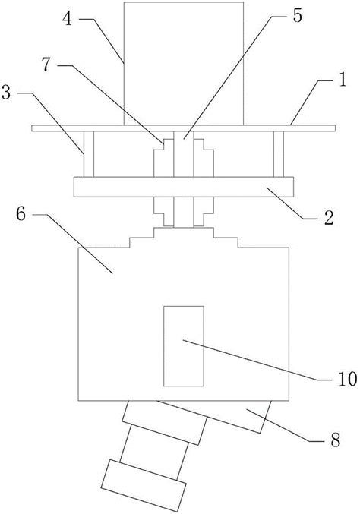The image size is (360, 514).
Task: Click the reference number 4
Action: [67, 19]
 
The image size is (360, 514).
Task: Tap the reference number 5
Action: [297, 16]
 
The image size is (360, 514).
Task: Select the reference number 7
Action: [46, 65]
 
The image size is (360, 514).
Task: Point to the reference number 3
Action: [6, 93]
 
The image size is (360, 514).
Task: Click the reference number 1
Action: [343, 80]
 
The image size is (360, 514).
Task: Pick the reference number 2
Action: [329, 218]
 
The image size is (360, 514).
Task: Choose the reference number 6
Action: [21, 215]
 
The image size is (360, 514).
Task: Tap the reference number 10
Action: [348, 380]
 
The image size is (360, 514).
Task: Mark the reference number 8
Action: [335, 440]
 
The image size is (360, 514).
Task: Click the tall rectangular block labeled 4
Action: [184, 63]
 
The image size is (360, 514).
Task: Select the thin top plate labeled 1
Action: [183, 128]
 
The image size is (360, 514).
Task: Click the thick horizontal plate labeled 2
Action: [184, 188]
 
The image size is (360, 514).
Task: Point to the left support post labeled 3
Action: [89, 154]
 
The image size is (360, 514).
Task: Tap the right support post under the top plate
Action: [279, 154]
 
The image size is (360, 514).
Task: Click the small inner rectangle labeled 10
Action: [184, 346]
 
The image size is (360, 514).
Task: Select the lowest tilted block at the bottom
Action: [144, 485]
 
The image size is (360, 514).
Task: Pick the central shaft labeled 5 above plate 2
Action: [184, 154]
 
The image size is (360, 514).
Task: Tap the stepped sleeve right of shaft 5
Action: [204, 158]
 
